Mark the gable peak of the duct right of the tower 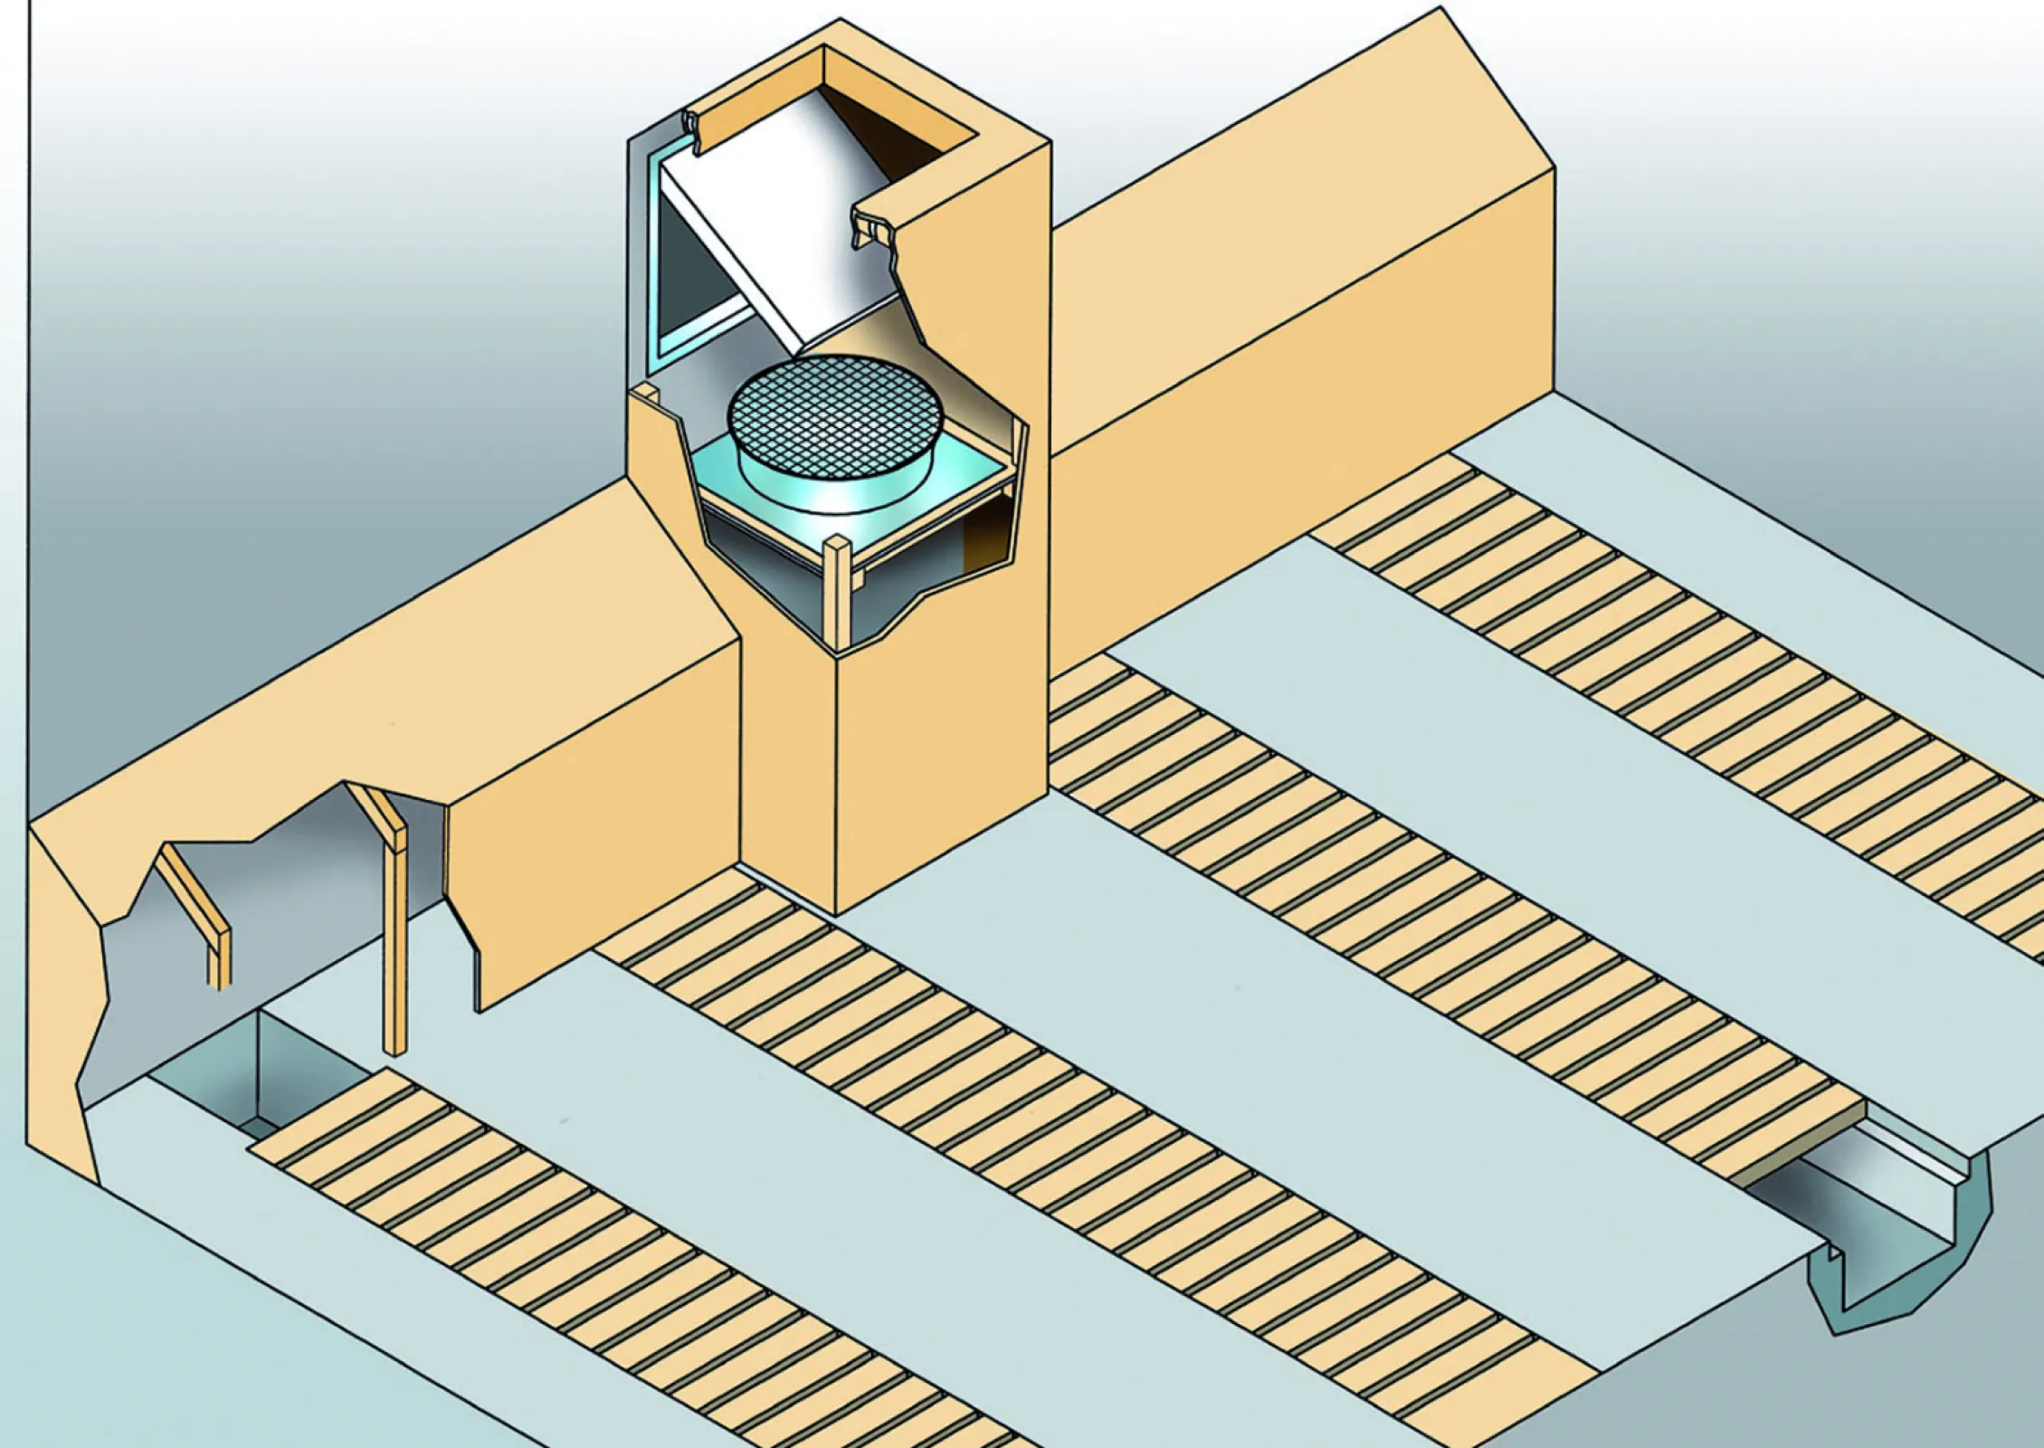coord(1440,11)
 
